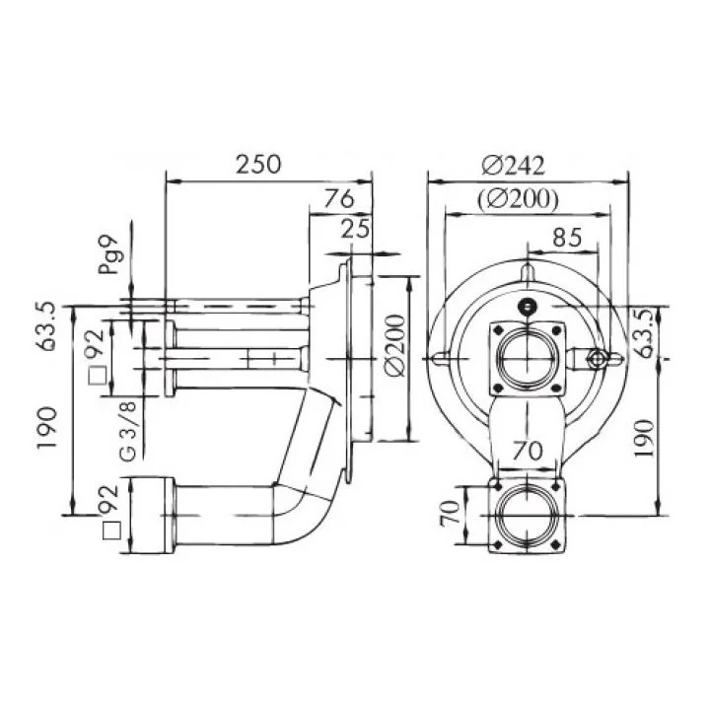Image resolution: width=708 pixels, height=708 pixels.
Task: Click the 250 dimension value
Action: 258,165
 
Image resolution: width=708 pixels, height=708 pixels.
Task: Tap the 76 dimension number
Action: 339,198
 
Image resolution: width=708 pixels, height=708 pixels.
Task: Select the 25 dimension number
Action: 355,229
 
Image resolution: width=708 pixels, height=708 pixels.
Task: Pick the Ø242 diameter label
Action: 513,166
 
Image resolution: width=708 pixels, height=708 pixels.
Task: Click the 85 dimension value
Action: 567,238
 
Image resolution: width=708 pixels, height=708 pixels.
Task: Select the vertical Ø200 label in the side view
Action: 395,345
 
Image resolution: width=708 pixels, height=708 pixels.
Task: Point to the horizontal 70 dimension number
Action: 527,451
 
